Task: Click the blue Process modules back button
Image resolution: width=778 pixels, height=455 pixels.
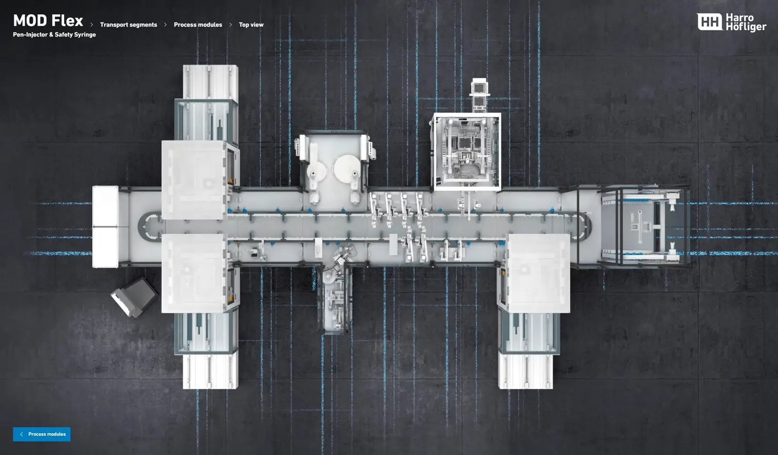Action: (x=42, y=434)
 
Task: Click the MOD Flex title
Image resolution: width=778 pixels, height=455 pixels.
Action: (x=48, y=20)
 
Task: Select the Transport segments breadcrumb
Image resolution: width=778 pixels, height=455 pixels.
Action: (x=128, y=25)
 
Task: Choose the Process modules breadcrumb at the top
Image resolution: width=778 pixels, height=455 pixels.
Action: (x=198, y=25)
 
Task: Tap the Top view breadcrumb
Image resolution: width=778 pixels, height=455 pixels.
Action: (x=251, y=25)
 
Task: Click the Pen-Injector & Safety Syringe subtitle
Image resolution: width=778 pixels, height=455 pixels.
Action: (x=54, y=35)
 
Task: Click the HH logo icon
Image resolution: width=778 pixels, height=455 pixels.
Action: (x=709, y=22)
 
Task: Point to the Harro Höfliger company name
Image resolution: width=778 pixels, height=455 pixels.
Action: (x=746, y=22)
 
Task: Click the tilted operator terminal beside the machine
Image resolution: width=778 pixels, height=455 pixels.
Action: (x=134, y=297)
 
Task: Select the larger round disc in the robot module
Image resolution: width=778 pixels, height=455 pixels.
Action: (x=347, y=168)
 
